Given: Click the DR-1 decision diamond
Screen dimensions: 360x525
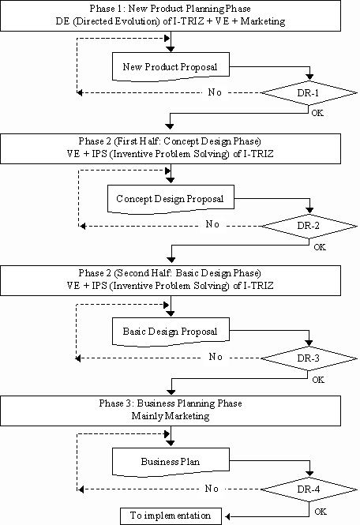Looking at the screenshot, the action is click(x=309, y=92).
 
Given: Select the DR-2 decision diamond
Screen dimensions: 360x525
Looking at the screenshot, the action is click(x=309, y=226).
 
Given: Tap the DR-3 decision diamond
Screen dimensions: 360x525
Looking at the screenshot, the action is click(x=309, y=358).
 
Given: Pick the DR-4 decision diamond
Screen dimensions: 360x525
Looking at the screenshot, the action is click(x=309, y=489).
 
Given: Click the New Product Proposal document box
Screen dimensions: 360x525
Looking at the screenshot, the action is click(x=171, y=66).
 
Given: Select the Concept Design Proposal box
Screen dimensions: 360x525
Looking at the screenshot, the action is click(x=171, y=199).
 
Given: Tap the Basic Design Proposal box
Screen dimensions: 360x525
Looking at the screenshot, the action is click(x=171, y=332).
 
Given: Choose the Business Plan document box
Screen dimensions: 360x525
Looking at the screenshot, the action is click(x=171, y=462).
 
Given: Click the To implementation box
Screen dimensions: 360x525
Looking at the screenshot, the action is click(x=171, y=516).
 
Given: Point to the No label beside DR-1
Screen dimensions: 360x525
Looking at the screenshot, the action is click(x=215, y=92).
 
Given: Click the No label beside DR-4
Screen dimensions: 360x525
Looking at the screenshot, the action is click(x=212, y=489).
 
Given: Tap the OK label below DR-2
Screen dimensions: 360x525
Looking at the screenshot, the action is click(x=320, y=247).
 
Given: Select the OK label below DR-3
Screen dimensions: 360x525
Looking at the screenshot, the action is click(x=318, y=380).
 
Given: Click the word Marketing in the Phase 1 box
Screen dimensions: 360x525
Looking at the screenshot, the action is click(x=263, y=21).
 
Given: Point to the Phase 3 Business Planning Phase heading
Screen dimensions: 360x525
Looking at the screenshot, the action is click(x=171, y=403).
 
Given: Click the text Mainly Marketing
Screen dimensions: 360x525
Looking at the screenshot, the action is click(x=171, y=416).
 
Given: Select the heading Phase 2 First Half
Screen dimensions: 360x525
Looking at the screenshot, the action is click(x=170, y=141).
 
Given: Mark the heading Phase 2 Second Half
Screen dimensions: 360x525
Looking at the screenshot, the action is click(x=170, y=273).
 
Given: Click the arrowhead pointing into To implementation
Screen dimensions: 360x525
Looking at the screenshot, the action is click(x=227, y=516).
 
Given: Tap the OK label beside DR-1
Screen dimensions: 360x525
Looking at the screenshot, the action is click(x=317, y=113).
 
